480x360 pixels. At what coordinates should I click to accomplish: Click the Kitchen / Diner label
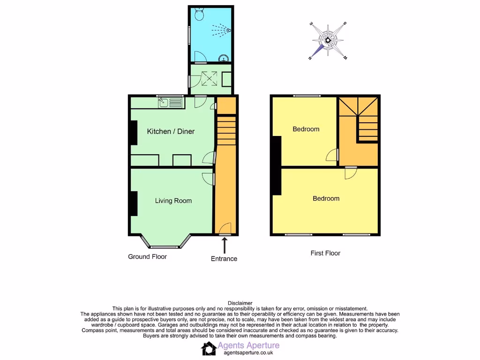(x=171, y=131)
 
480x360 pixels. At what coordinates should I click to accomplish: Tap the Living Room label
(x=173, y=201)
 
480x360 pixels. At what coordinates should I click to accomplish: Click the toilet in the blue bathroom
(x=198, y=15)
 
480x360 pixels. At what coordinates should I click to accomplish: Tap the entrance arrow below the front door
(x=225, y=245)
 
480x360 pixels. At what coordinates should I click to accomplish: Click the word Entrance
(x=224, y=259)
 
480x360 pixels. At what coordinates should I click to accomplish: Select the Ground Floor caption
(x=148, y=256)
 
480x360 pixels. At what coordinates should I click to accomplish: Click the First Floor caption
(x=325, y=253)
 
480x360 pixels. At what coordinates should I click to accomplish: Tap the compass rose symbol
(x=328, y=40)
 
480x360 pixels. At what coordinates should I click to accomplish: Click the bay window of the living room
(x=165, y=243)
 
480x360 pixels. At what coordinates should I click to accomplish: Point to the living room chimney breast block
(x=134, y=203)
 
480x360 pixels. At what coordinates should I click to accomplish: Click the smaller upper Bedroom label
(x=306, y=129)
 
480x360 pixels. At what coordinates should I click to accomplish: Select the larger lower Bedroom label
(x=326, y=198)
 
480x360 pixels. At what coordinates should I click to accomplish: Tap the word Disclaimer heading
(x=240, y=303)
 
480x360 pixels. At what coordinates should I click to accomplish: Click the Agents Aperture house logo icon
(x=209, y=348)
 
